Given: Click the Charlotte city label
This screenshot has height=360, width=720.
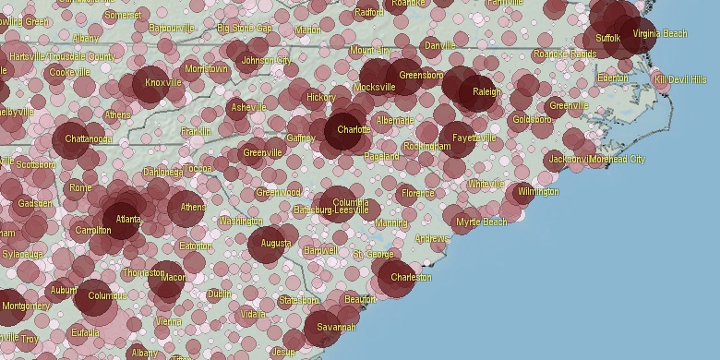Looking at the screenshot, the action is coord(354,130).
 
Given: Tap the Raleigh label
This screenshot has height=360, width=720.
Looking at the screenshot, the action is coord(486,92).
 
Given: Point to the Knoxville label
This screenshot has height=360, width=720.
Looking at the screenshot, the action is coord(163,83).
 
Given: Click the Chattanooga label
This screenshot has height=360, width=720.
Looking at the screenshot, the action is coord(89,139).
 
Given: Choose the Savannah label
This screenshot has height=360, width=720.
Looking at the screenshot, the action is coord(336,328).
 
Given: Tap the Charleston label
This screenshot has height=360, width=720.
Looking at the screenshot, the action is coord(411,277).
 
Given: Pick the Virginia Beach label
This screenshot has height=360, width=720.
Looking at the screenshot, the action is coord(660,34).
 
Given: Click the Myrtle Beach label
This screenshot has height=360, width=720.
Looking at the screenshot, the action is coord(482,222).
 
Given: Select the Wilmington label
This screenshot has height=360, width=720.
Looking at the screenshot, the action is coord(538,192).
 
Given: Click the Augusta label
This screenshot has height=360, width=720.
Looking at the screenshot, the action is coord(276,244).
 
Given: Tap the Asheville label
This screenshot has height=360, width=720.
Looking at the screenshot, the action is coord(248,108).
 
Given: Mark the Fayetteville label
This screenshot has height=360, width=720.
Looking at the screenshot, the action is coord(474,138).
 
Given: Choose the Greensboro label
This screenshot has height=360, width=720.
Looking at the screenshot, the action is coord(421,75).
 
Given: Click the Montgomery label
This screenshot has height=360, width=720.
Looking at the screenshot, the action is coord(26,306).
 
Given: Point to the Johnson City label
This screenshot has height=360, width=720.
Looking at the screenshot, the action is coord(265,61).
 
